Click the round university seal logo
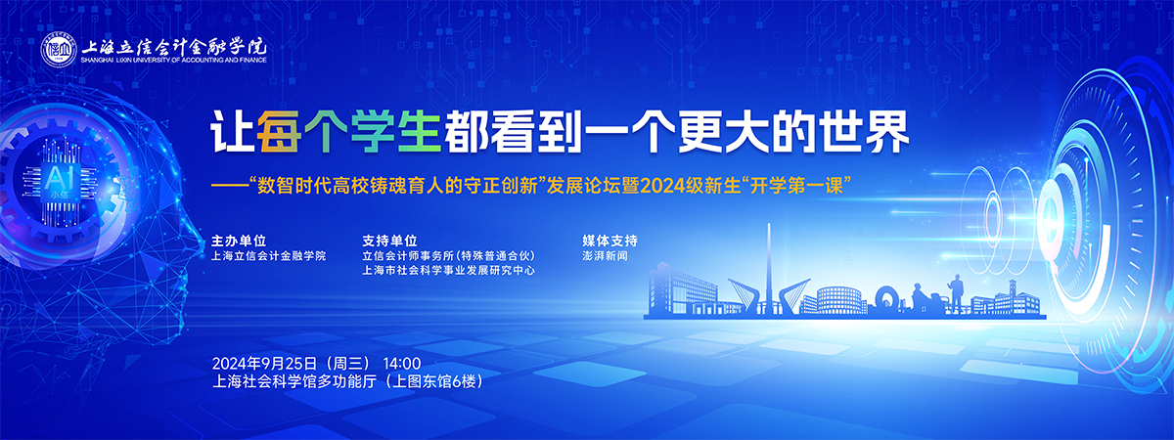[60, 50]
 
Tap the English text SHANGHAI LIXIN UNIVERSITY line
[174, 61]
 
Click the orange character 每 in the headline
[278, 132]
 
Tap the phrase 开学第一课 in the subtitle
[796, 186]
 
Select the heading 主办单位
[239, 241]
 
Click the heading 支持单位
[389, 241]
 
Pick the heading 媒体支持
[610, 241]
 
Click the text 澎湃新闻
[605, 256]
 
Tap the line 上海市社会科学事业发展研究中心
[449, 270]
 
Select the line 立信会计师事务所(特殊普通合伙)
[449, 256]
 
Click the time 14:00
[402, 364]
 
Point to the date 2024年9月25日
[265, 364]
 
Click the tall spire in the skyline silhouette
[769, 268]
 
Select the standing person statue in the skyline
[957, 293]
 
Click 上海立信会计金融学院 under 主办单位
[268, 256]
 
